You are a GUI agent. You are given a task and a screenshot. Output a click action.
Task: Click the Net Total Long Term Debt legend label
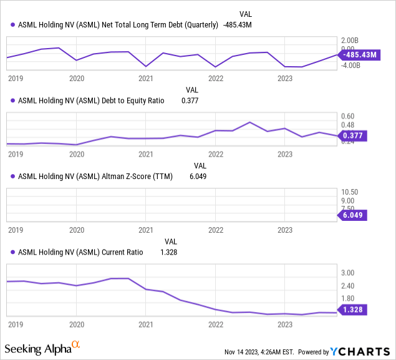tap(118, 25)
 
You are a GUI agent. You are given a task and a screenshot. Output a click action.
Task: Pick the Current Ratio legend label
tap(80, 252)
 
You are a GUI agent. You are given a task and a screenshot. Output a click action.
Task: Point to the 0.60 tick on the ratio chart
tap(347, 116)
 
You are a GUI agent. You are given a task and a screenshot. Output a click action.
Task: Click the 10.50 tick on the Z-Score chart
tap(349, 192)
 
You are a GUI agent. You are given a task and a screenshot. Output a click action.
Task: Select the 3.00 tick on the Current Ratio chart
tap(347, 273)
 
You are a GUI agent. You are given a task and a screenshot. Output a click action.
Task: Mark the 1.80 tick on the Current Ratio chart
tap(347, 298)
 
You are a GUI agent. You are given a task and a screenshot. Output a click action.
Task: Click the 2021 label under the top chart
tap(145, 79)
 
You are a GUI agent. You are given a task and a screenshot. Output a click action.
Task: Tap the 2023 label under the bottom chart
tap(284, 324)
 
